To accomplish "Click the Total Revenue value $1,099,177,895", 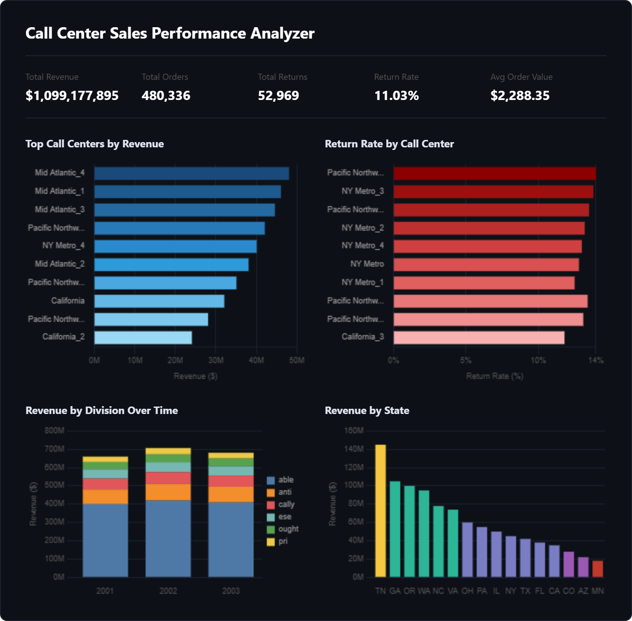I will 72,96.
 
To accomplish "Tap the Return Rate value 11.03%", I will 396,96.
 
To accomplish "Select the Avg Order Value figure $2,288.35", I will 520,96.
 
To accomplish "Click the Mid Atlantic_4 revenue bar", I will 191,173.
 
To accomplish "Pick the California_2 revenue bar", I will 143,338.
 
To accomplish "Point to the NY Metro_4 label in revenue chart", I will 63,246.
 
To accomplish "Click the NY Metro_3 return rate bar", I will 493,192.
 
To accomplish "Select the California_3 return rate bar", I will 479,338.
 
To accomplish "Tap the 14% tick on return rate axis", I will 596,360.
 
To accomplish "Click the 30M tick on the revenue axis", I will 215,360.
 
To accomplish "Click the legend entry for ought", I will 283,529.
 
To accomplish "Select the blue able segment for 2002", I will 168,539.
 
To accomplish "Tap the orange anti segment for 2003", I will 231,494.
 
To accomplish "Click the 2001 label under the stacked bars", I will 105,591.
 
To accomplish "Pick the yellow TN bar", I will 381,510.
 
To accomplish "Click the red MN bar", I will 597,569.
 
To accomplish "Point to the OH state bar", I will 467,550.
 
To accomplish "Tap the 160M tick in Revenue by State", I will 354,431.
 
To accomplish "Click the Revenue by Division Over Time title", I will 102,410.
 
